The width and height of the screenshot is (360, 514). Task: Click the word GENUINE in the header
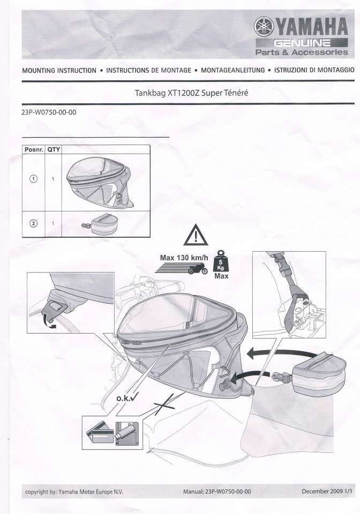[302, 43]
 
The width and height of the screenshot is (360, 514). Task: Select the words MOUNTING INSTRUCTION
[59, 71]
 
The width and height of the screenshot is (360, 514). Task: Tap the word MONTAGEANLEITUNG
[233, 70]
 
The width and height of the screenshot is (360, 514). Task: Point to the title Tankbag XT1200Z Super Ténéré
[191, 93]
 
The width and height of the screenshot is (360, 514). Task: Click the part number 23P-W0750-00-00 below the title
[49, 112]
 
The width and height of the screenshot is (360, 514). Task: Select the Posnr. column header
[33, 150]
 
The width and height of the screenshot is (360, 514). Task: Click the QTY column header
[54, 149]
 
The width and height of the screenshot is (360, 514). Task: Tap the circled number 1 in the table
[33, 179]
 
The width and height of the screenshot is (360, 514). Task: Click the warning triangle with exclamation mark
[196, 235]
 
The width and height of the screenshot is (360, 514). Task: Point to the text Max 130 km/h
[184, 258]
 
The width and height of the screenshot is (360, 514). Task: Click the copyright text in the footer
[74, 492]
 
